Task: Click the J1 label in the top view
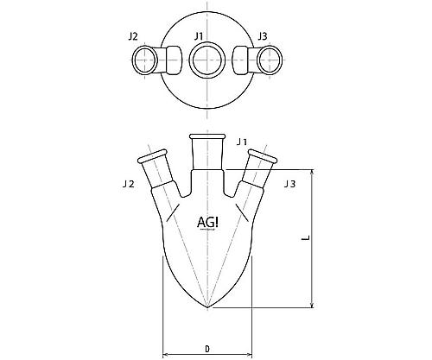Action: (x=199, y=36)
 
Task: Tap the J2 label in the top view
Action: (x=133, y=36)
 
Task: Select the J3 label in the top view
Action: (x=263, y=36)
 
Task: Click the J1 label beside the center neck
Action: (x=242, y=142)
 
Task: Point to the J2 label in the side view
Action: (x=129, y=184)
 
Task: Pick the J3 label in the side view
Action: (x=289, y=184)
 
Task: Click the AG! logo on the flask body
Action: (x=207, y=223)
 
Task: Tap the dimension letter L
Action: (x=306, y=237)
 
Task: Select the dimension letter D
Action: (x=207, y=349)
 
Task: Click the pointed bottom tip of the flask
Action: (x=207, y=307)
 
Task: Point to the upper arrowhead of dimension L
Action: (x=312, y=173)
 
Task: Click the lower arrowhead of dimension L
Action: (x=312, y=305)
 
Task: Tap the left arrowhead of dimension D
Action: (x=166, y=354)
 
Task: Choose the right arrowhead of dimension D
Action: (x=249, y=354)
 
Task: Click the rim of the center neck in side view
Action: (x=206, y=136)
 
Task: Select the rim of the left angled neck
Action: (x=153, y=156)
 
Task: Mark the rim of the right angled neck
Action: (x=263, y=156)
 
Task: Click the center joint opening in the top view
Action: (x=206, y=60)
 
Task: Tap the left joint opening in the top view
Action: (x=145, y=60)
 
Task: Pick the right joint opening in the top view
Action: (x=270, y=60)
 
